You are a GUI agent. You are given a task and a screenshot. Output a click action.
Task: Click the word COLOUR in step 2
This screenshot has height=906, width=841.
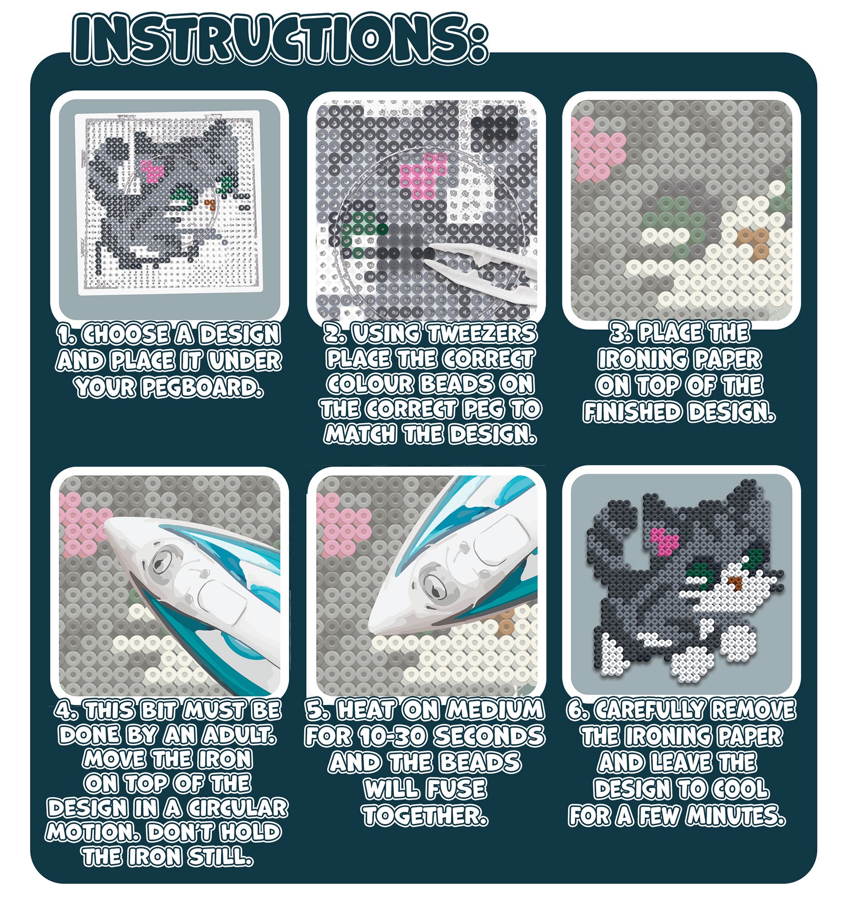pos(370,384)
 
